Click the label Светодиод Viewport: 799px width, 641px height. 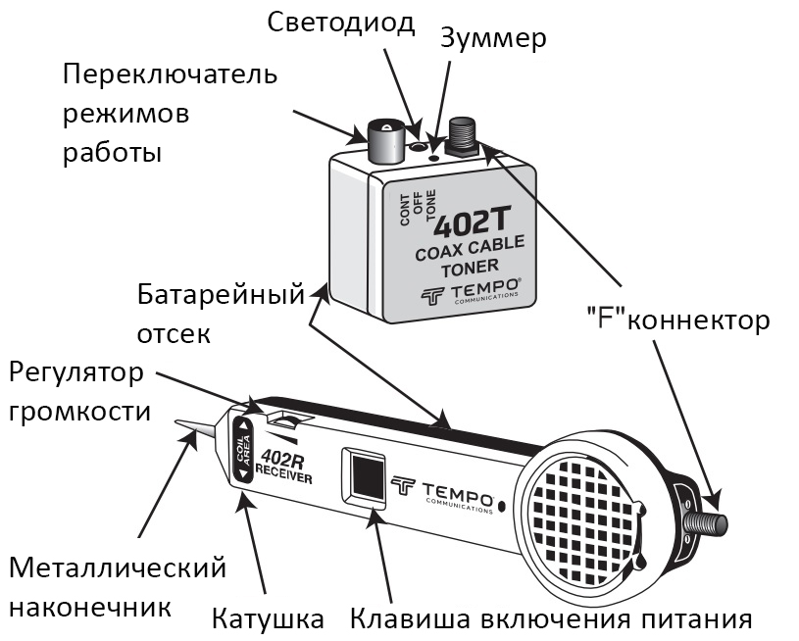click(340, 24)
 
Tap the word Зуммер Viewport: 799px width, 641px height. click(493, 39)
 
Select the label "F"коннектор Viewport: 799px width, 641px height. click(677, 320)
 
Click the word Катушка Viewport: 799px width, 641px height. click(268, 619)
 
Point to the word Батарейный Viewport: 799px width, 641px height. click(221, 294)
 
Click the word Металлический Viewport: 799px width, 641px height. click(118, 568)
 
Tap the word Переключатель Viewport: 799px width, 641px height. click(171, 74)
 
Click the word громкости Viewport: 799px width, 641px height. click(80, 412)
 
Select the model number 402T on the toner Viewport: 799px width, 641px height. click(471, 223)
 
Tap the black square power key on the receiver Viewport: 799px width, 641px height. click(367, 476)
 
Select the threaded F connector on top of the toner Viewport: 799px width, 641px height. click(463, 136)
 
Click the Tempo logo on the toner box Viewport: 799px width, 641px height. click(470, 294)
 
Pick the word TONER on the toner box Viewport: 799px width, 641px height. click(471, 268)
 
